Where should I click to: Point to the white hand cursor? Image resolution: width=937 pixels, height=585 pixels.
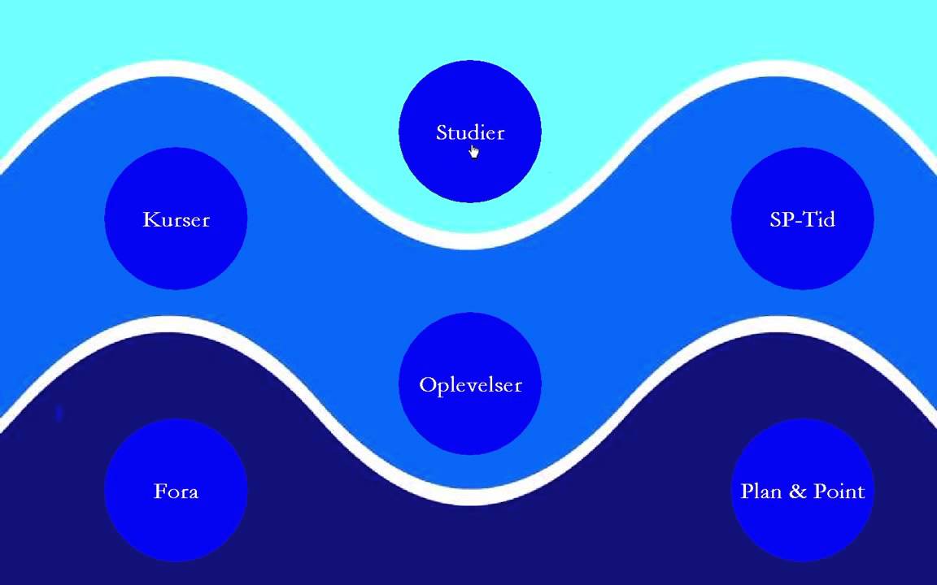[473, 152]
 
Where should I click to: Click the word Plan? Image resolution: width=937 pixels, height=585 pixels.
[761, 492]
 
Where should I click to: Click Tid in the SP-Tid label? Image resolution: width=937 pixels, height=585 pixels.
[820, 219]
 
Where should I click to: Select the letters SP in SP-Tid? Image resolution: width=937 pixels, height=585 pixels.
[781, 219]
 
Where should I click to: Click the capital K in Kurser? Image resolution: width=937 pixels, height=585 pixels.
[150, 219]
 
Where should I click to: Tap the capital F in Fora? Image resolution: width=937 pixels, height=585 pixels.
[159, 492]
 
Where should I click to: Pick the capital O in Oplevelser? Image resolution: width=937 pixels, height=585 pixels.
[428, 385]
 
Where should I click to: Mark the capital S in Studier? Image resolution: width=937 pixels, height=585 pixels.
[442, 132]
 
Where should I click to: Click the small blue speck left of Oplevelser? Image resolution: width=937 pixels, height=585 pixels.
[59, 414]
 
